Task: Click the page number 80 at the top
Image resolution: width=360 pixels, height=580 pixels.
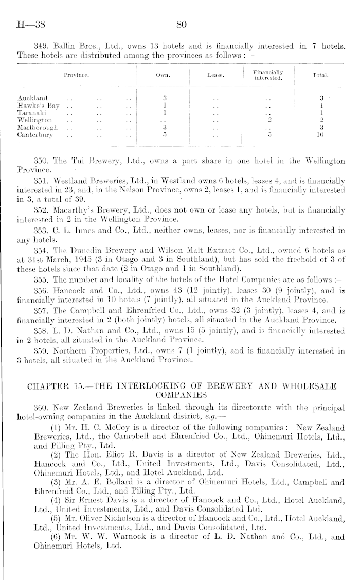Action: click(x=181, y=24)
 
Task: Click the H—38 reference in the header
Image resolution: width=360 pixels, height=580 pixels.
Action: click(x=30, y=24)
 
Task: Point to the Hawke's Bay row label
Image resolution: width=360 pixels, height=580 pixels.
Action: click(x=37, y=105)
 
